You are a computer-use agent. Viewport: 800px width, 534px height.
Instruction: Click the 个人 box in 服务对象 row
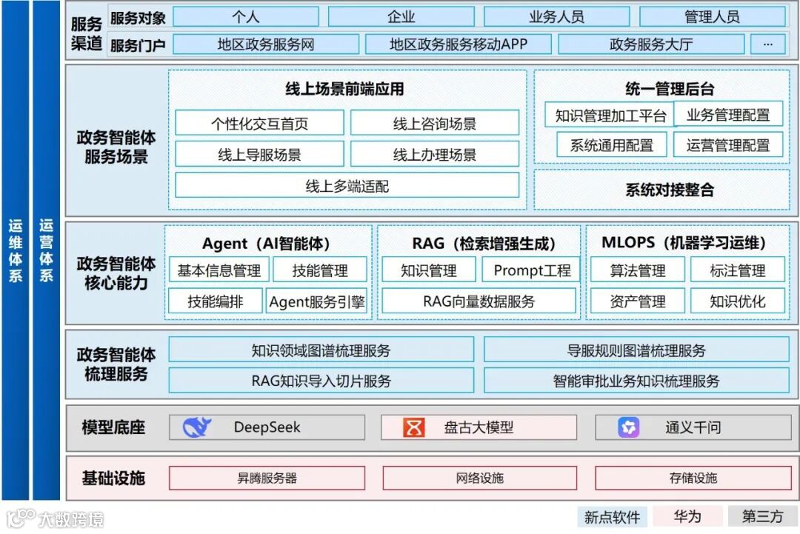pyautogui.click(x=244, y=16)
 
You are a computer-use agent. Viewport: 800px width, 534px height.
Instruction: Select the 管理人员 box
pyautogui.click(x=712, y=16)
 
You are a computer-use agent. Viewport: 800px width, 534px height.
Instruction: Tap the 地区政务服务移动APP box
pyautogui.click(x=459, y=44)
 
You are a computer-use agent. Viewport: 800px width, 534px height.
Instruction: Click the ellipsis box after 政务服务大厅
pyautogui.click(x=767, y=44)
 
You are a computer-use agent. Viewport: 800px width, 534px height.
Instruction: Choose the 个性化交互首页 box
pyautogui.click(x=259, y=124)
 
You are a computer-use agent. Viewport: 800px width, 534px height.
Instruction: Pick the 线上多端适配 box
pyautogui.click(x=347, y=186)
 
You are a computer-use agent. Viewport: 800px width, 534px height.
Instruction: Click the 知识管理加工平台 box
pyautogui.click(x=611, y=116)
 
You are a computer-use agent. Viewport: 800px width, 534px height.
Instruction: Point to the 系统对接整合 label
pyautogui.click(x=670, y=190)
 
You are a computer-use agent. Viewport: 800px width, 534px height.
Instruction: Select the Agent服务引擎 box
pyautogui.click(x=317, y=301)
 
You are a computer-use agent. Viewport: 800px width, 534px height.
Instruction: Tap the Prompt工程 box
pyautogui.click(x=532, y=270)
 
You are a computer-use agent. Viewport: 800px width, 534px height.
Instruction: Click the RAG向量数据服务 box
pyautogui.click(x=479, y=301)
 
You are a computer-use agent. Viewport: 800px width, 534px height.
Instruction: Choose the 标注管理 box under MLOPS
pyautogui.click(x=737, y=270)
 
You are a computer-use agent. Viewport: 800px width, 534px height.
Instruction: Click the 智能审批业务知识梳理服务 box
pyautogui.click(x=636, y=381)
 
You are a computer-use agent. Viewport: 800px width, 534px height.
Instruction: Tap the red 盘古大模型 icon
pyautogui.click(x=413, y=427)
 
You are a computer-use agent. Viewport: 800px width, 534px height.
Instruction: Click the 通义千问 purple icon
pyautogui.click(x=629, y=427)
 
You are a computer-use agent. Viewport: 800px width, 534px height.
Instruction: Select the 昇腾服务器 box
pyautogui.click(x=267, y=478)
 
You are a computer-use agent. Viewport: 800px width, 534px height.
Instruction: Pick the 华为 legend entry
pyautogui.click(x=687, y=516)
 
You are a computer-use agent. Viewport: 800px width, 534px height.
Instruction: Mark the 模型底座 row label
pyautogui.click(x=113, y=427)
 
